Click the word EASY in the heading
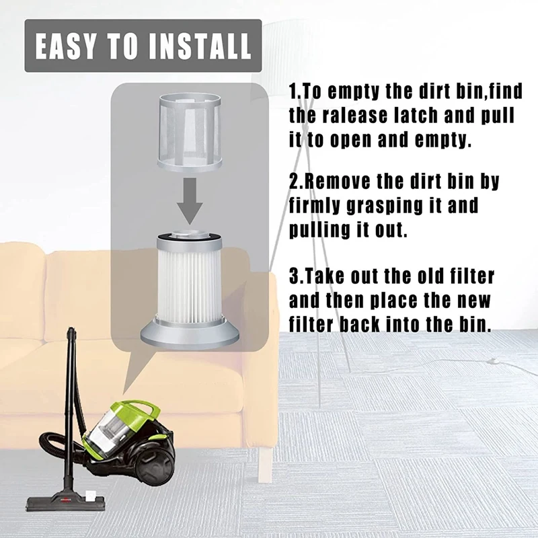point(65,46)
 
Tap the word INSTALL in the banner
point(200,46)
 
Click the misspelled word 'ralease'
point(355,116)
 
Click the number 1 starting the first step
point(293,91)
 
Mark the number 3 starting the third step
point(294,276)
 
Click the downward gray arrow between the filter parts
point(190,200)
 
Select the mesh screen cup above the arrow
point(190,132)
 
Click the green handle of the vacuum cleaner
point(137,411)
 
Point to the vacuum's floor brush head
point(65,503)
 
